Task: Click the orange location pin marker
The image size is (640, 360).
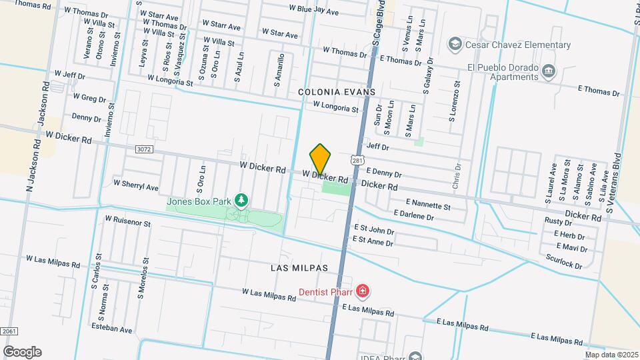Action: point(321,159)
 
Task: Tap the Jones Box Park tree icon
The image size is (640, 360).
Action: point(241,200)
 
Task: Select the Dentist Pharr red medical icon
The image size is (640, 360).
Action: point(362,291)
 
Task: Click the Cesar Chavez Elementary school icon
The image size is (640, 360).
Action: point(455,45)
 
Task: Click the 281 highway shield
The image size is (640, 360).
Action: point(358,161)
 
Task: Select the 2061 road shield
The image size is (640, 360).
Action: point(9,331)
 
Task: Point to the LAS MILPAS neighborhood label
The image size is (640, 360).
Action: point(300,267)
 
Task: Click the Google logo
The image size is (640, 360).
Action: point(22,351)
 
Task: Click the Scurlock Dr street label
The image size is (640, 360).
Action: point(563,261)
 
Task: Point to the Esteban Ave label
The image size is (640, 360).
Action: point(113,329)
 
